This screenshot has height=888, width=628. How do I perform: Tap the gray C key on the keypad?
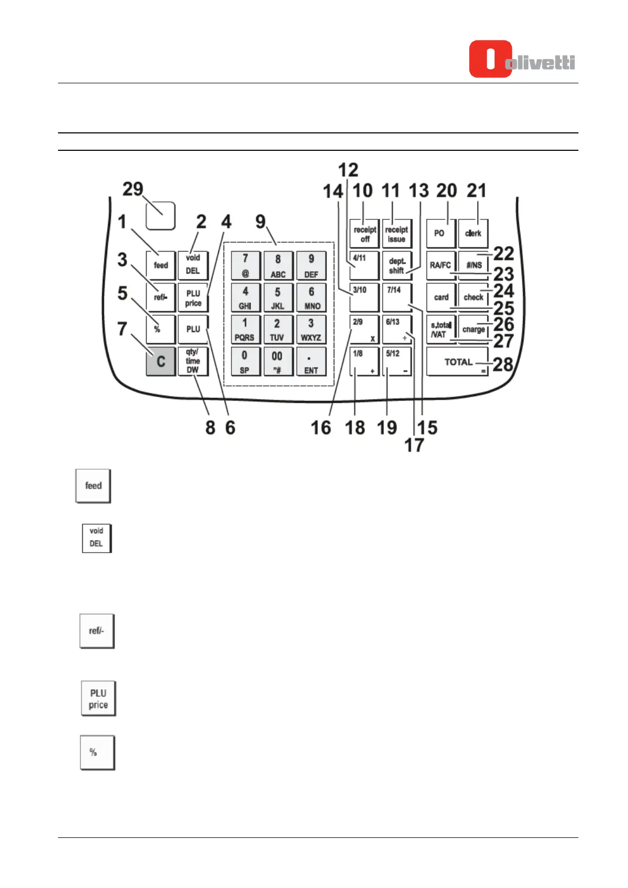[160, 361]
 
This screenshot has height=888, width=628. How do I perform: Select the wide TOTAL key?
[457, 362]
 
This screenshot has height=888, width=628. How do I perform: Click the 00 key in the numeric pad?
[277, 361]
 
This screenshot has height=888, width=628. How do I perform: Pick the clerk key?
[473, 233]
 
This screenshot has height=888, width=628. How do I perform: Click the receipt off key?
[364, 234]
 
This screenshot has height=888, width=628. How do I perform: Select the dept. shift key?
[397, 265]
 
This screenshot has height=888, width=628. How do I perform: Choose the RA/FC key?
[440, 265]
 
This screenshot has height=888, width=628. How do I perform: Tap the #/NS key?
[474, 265]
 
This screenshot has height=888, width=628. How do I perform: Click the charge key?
[473, 329]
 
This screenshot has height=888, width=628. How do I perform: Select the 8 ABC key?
[278, 265]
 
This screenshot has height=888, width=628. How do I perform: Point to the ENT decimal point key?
[311, 361]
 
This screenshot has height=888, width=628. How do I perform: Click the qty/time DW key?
[192, 361]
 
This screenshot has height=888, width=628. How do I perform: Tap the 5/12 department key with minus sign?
[396, 361]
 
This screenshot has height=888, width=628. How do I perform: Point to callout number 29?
[133, 189]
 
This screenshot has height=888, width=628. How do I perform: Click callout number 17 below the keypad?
[414, 445]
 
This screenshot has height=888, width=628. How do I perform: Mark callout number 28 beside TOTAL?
[503, 364]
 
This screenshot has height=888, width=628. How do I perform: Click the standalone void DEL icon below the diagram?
[96, 537]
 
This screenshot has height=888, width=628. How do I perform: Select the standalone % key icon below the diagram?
[97, 752]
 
